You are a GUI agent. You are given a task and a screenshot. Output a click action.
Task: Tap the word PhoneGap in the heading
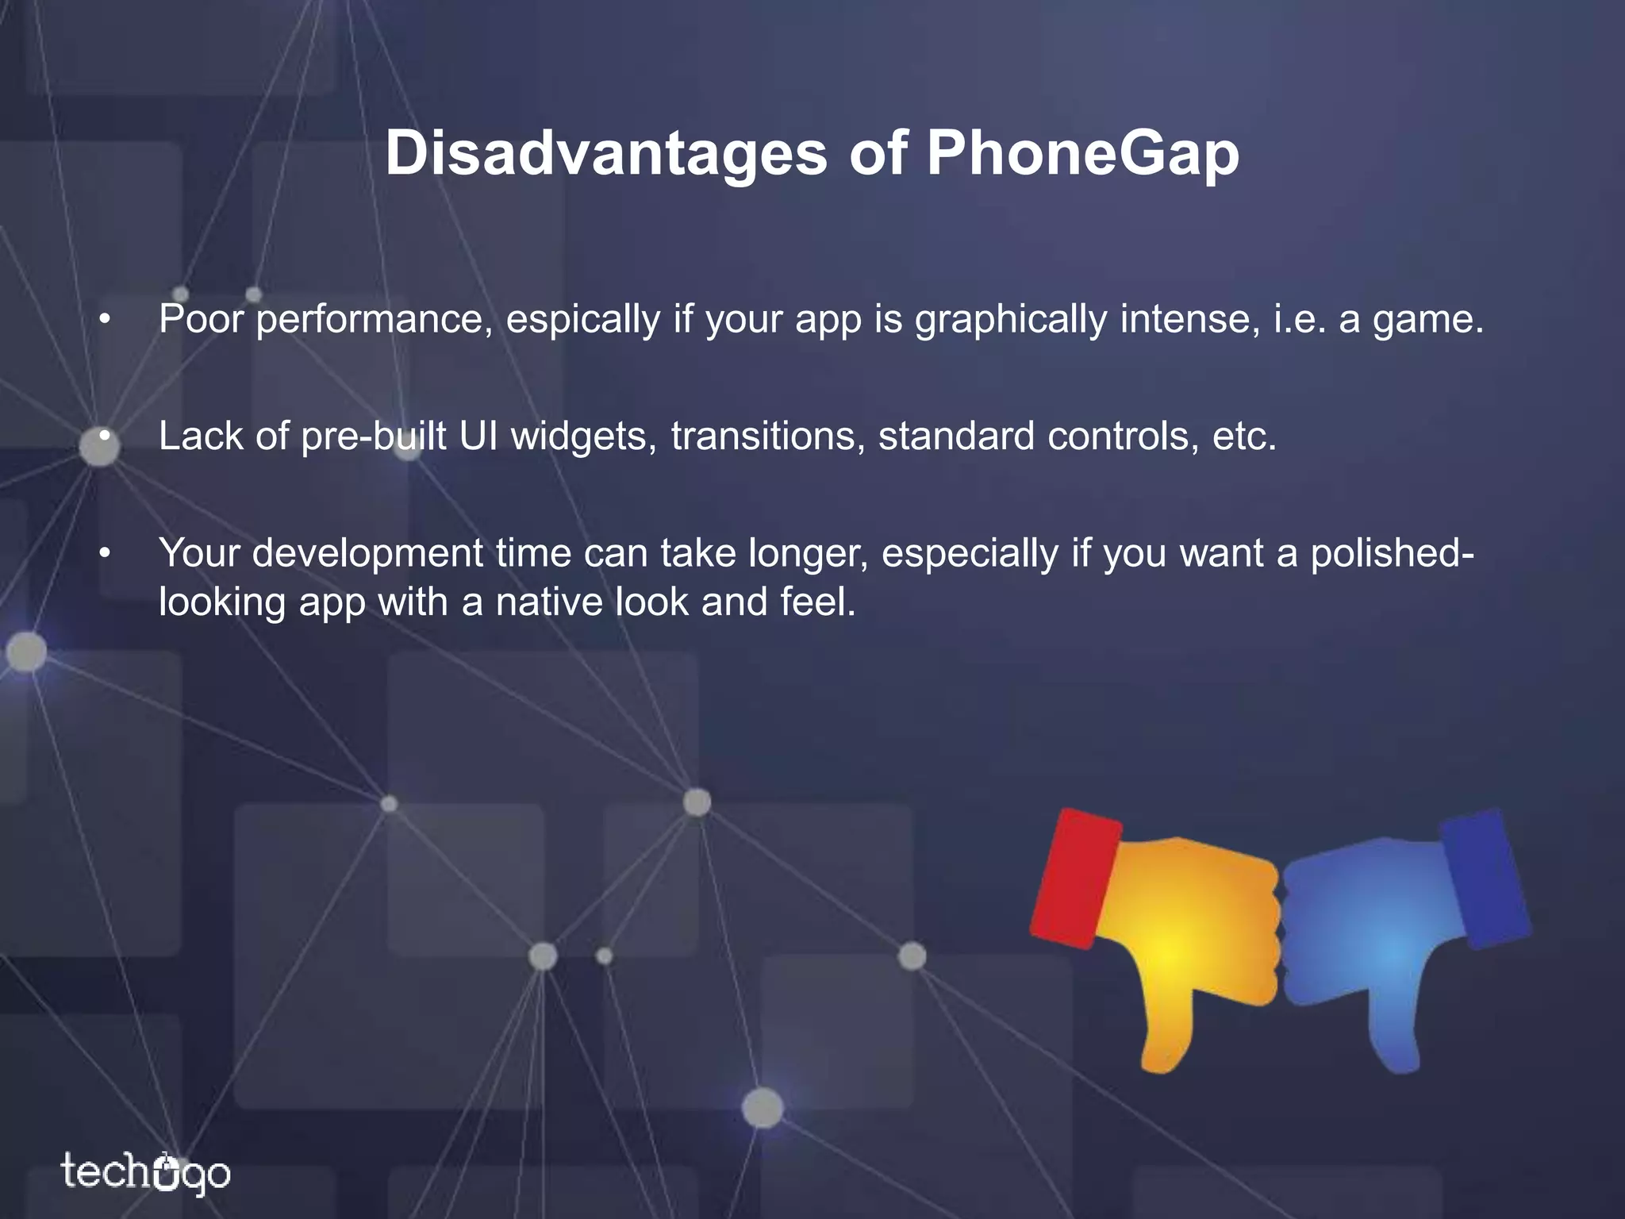pos(1082,155)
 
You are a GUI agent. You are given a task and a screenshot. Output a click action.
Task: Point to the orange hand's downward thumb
pos(1166,1032)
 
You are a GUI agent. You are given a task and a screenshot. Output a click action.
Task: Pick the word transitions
pos(767,436)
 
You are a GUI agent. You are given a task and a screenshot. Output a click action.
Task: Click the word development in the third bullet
pos(367,554)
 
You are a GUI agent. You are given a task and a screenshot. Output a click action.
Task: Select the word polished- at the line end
pos(1392,553)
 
